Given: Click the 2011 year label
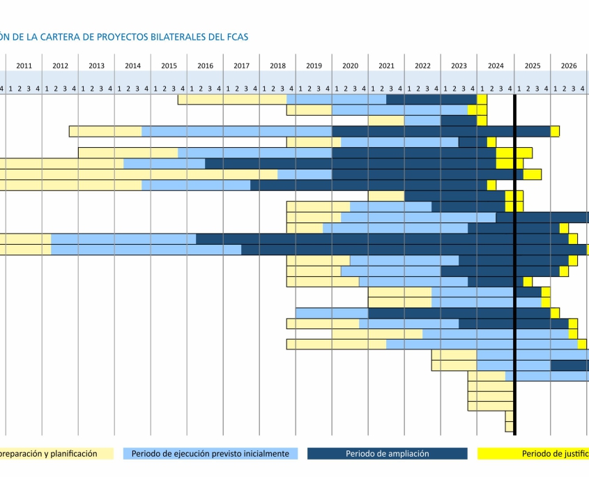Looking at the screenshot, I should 24,66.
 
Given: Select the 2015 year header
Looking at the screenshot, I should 169,66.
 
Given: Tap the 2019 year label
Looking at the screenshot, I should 314,66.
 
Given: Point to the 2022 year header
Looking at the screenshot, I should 422,66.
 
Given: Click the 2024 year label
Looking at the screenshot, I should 496,66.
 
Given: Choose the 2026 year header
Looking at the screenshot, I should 569,66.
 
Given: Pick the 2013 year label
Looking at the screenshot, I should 96,66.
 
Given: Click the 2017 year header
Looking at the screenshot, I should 241,66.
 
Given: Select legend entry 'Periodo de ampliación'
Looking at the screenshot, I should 387,454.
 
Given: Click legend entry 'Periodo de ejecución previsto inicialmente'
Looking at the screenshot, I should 210,454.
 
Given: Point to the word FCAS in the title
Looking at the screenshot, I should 237,37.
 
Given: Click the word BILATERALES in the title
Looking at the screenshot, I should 178,37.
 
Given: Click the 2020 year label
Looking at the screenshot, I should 350,66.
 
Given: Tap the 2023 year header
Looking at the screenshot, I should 459,66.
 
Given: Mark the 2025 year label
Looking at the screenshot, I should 533,66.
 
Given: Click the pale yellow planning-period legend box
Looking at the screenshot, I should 56,454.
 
